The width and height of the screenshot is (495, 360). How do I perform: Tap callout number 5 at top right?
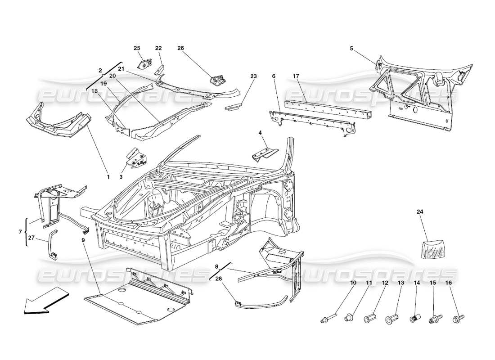point(351,48)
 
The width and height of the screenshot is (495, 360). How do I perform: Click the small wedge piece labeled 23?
point(233,107)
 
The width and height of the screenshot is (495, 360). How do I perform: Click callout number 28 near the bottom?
point(219,279)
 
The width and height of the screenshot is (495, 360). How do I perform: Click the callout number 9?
point(83,240)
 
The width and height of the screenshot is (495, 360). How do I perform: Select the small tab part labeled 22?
point(160,69)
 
